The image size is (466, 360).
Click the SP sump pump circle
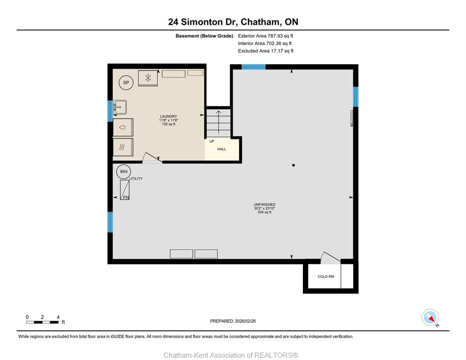tap(126, 82)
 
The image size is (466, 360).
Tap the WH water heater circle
tap(123, 172)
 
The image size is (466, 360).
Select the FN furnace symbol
tap(125, 190)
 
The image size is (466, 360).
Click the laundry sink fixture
tap(120, 107)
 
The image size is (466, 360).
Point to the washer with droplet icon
tap(123, 127)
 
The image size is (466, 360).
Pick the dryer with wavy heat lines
tap(123, 147)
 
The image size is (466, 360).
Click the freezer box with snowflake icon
tap(148, 78)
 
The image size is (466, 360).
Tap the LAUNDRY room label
tap(168, 116)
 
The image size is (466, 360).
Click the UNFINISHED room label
tap(264, 204)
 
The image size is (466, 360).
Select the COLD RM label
tap(326, 277)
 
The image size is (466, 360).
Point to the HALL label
tap(221, 149)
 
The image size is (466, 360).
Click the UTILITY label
tap(136, 179)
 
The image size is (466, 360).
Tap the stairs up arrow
tap(219, 122)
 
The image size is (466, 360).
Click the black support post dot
tap(293, 165)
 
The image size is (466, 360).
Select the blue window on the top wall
tap(254, 67)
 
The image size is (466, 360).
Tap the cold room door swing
tap(330, 258)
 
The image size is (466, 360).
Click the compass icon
tap(430, 317)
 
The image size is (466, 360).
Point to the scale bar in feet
tap(42, 322)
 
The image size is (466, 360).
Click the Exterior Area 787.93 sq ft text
tap(265, 36)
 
